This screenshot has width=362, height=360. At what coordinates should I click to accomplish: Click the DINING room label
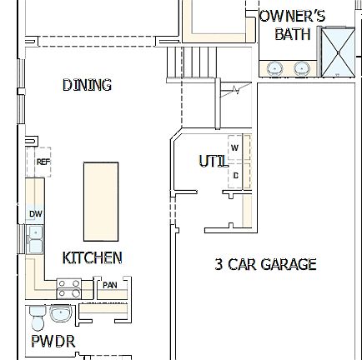[x=87, y=85]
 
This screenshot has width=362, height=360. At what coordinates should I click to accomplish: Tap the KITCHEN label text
[x=92, y=258]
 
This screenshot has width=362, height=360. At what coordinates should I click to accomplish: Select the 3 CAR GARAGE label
[x=265, y=265]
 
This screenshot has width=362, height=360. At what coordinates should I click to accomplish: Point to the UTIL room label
[x=212, y=161]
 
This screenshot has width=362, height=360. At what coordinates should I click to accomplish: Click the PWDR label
[x=53, y=342]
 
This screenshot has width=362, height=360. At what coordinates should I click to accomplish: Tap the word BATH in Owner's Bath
[x=292, y=34]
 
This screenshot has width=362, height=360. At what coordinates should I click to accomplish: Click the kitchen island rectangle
[x=100, y=201]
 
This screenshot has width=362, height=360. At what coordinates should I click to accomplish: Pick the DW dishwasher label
[x=35, y=214]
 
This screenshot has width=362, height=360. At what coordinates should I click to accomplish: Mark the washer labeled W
[x=234, y=147]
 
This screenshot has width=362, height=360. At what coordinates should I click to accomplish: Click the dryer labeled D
[x=235, y=176]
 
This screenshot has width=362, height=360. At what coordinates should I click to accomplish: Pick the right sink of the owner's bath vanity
[x=302, y=68]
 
